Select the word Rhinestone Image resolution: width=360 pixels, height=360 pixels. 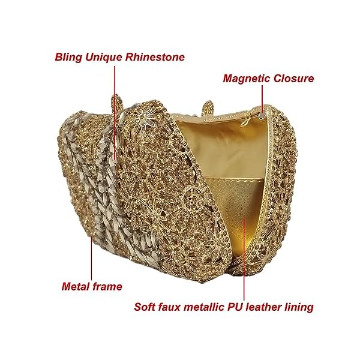[x=154, y=58]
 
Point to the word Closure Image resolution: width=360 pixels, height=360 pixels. [x=294, y=78]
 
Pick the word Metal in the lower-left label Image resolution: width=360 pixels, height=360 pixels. [x=76, y=286]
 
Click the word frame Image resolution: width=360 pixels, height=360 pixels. [x=108, y=286]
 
